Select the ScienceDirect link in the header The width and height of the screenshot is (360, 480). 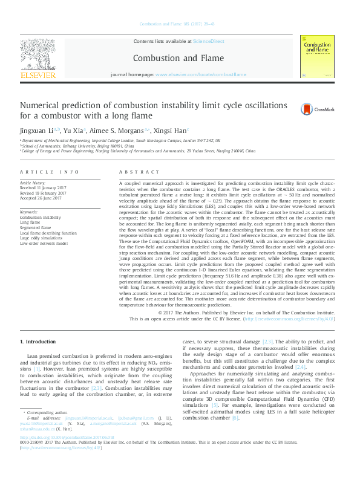pyautogui.click(x=208, y=42)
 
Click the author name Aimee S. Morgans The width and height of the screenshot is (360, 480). pyautogui.click(x=119, y=130)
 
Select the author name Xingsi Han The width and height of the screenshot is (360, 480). pyautogui.click(x=171, y=130)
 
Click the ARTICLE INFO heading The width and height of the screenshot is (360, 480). pyautogui.click(x=50, y=172)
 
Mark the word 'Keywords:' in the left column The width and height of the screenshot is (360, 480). pyautogui.click(x=29, y=212)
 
